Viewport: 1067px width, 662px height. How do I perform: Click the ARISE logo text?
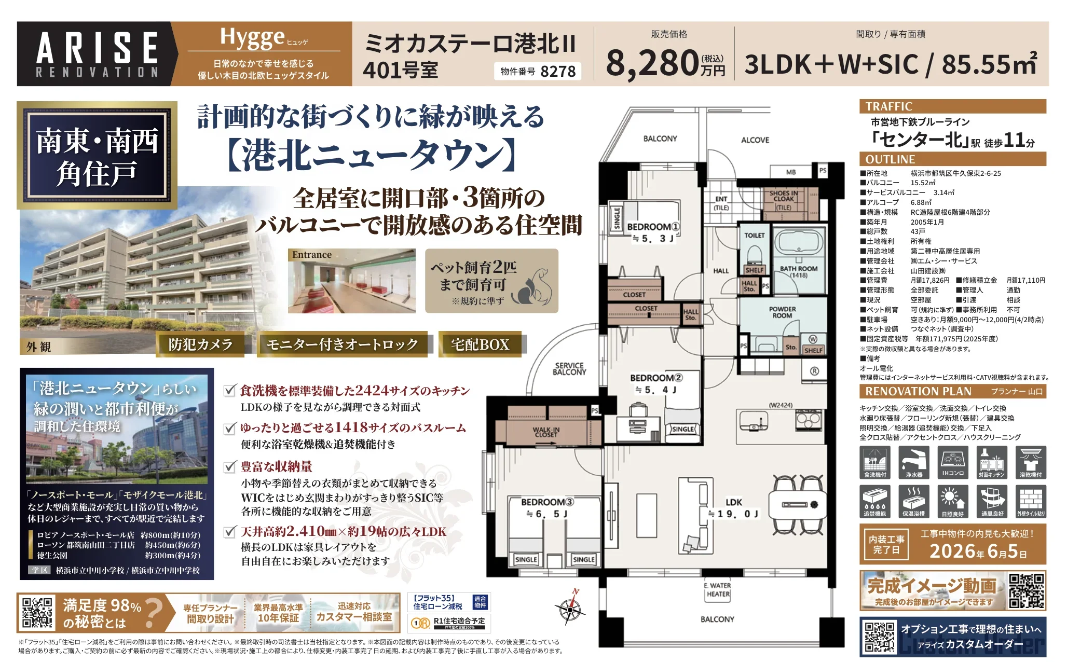(x=97, y=48)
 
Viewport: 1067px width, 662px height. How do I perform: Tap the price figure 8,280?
(x=652, y=63)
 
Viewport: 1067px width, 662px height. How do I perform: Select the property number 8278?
(x=558, y=72)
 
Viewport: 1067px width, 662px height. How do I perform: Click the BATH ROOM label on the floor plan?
(x=798, y=269)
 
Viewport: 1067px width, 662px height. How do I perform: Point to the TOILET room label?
(x=754, y=236)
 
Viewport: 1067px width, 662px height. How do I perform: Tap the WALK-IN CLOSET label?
(x=545, y=432)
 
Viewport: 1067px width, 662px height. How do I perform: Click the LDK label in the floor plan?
(x=733, y=502)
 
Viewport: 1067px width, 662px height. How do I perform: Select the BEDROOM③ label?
(x=547, y=502)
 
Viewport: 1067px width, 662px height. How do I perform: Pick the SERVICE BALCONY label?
(x=569, y=368)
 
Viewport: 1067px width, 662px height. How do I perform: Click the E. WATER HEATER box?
(x=718, y=590)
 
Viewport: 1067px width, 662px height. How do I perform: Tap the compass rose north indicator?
(x=571, y=608)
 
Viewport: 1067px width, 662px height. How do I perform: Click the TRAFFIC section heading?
(x=888, y=107)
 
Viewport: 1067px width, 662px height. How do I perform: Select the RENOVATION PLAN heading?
(x=918, y=391)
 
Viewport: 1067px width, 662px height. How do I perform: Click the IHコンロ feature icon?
(x=953, y=462)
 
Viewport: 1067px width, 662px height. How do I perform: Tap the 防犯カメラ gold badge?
(x=200, y=344)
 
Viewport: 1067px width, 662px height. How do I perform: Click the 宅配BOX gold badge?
(x=480, y=344)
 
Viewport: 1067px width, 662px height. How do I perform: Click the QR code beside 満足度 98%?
(x=38, y=613)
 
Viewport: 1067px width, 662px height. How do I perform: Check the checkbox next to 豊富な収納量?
(x=229, y=466)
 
